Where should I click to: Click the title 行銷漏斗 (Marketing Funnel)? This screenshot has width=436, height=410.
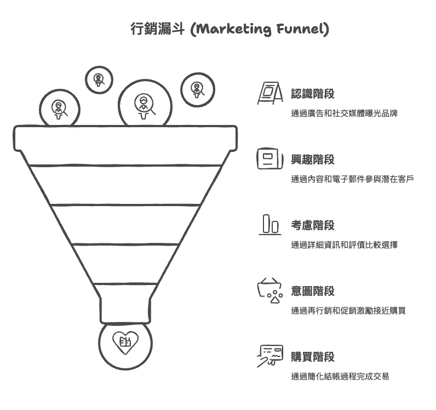(x=230, y=29)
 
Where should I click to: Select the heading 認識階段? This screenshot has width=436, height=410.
(x=312, y=94)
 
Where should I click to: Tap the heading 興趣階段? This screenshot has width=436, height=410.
(x=312, y=160)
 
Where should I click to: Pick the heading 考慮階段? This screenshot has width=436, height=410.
(x=312, y=225)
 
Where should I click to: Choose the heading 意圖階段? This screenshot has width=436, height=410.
(x=312, y=291)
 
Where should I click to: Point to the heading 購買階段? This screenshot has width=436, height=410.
(x=312, y=357)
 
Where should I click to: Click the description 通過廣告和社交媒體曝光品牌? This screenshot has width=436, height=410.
(x=344, y=113)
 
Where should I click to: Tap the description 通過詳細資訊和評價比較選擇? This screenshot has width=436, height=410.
(x=344, y=245)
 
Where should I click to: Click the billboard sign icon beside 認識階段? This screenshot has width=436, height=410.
(x=269, y=93)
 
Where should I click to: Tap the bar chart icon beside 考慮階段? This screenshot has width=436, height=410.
(x=269, y=225)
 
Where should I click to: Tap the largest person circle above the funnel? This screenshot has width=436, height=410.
(x=145, y=104)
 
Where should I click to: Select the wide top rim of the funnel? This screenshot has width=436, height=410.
(x=125, y=139)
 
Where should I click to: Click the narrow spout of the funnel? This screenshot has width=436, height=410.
(x=125, y=310)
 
